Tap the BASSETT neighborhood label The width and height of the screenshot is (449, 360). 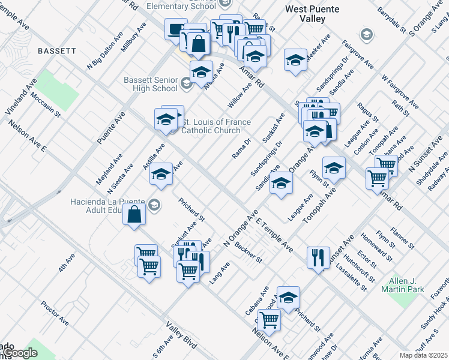click(56, 52)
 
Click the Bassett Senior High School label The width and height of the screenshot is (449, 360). click(151, 84)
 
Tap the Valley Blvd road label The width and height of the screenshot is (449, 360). click(181, 338)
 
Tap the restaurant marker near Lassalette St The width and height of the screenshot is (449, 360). click(318, 257)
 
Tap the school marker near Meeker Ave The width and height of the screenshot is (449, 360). click(295, 60)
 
